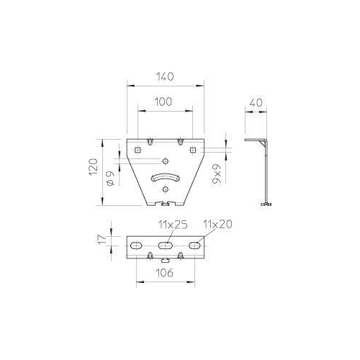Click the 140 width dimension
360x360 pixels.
(x=165, y=74)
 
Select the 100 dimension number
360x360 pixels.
(x=165, y=103)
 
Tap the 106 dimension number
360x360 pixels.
(x=165, y=274)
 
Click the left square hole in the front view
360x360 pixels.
(x=137, y=150)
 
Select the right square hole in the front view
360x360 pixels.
(x=193, y=150)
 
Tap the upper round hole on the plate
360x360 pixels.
(x=165, y=162)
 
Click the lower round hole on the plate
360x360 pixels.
(x=165, y=189)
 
